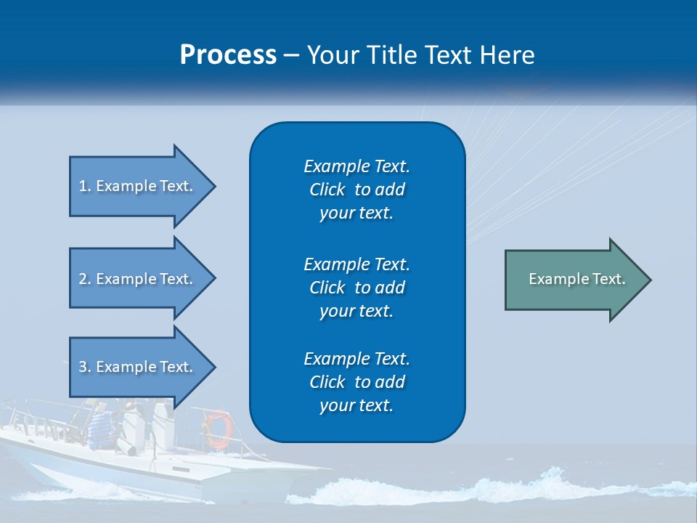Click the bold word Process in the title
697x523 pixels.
tap(228, 55)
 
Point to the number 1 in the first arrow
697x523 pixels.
tap(83, 186)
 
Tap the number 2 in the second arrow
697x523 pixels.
tap(83, 279)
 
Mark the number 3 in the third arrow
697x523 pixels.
tap(83, 367)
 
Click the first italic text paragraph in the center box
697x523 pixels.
tap(356, 190)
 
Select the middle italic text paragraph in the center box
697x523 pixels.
tap(356, 288)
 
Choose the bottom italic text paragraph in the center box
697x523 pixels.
tap(356, 382)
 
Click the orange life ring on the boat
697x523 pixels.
tap(217, 428)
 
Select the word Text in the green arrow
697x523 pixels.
tap(609, 279)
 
